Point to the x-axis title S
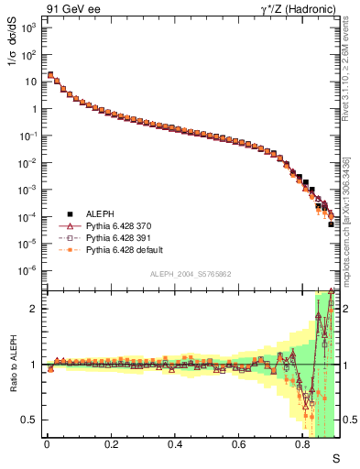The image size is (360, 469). [335, 456]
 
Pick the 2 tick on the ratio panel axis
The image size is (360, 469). [35, 309]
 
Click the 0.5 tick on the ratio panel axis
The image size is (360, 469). [30, 420]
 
